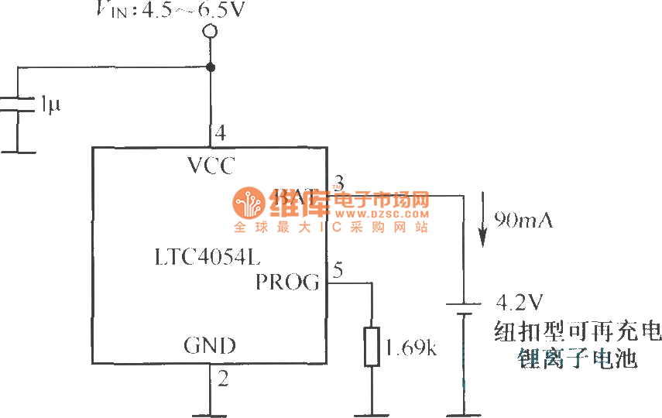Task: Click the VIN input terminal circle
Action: point(209,32)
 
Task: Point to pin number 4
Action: point(221,133)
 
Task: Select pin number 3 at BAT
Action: point(338,183)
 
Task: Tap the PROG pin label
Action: point(287,283)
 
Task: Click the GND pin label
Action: point(210,345)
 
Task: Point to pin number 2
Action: point(222,379)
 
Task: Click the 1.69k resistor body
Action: point(372,347)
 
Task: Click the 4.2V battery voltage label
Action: point(518,300)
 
